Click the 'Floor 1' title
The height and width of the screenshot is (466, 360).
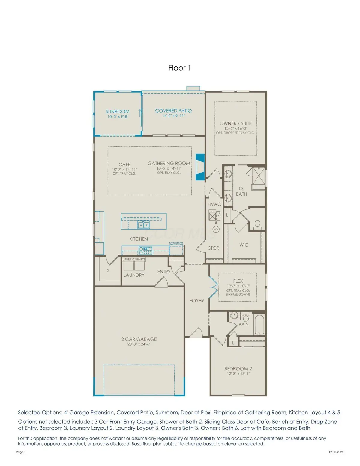tap(179, 68)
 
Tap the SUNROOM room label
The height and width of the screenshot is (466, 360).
tap(118, 112)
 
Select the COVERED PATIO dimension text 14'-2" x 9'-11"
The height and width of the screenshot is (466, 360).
tap(173, 116)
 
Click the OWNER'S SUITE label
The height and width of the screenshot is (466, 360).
tap(235, 123)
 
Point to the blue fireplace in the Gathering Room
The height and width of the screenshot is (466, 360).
tap(200, 167)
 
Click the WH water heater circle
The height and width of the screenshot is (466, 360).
tap(216, 229)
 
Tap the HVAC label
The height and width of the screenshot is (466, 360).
tap(214, 204)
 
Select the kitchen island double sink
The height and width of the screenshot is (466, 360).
tap(143, 224)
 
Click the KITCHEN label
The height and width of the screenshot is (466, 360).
tap(139, 239)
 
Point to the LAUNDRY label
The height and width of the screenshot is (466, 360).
tap(134, 275)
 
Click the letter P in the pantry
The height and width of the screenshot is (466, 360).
tap(108, 271)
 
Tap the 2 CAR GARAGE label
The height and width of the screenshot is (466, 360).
tap(139, 339)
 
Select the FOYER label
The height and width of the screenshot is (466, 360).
tap(196, 301)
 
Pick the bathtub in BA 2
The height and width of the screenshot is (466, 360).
tap(259, 325)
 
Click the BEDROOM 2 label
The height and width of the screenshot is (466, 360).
tap(238, 368)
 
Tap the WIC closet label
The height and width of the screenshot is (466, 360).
tap(244, 245)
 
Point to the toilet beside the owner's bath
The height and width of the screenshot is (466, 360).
tap(257, 224)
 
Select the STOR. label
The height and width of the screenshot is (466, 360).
tap(214, 248)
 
